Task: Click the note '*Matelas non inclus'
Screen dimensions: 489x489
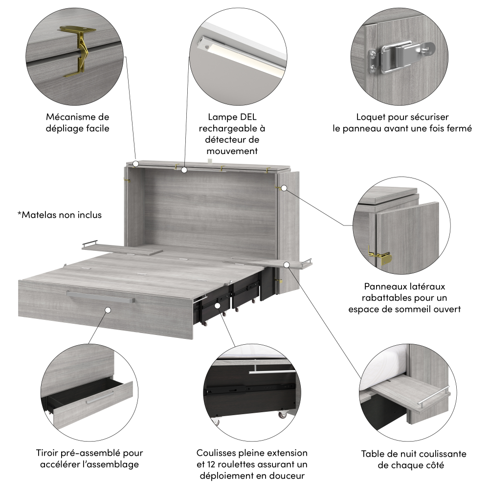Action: click(60, 215)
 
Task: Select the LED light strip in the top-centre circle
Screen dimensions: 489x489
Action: click(240, 54)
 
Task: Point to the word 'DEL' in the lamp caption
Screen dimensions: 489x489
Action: click(246, 117)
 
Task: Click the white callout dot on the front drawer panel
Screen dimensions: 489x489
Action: click(107, 310)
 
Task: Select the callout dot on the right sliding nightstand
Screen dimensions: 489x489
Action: click(287, 265)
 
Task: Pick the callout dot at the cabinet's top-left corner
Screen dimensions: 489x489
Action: click(136, 164)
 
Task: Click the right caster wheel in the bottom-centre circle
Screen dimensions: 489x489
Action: click(282, 415)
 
